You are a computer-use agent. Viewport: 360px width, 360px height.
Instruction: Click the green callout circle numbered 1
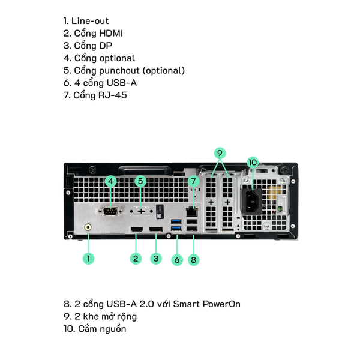click(89, 258)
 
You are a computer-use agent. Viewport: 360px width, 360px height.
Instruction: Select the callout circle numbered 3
click(156, 259)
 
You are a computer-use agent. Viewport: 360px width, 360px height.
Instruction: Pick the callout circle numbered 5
click(140, 181)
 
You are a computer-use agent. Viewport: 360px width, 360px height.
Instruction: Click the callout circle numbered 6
click(176, 259)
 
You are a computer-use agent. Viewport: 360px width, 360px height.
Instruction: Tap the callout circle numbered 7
click(193, 181)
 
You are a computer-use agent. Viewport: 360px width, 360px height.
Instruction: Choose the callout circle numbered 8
click(193, 259)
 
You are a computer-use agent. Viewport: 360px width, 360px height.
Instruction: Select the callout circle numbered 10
click(252, 162)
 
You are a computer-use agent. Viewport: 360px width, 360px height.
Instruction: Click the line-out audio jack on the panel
click(89, 227)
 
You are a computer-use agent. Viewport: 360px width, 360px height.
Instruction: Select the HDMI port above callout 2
click(137, 231)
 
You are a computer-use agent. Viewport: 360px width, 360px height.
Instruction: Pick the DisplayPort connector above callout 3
click(156, 231)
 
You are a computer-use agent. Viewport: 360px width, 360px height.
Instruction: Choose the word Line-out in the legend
click(90, 20)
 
